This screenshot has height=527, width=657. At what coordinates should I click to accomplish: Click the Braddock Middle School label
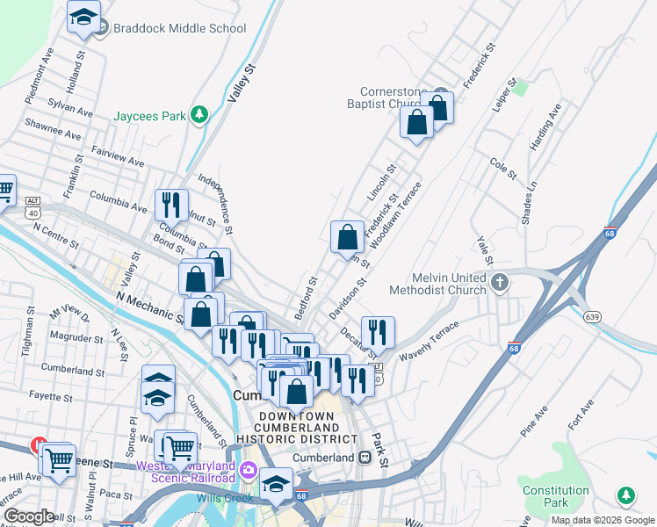tap(179, 28)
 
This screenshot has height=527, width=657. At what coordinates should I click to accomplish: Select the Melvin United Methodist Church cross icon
tap(500, 283)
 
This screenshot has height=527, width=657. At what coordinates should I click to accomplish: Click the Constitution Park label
tap(555, 496)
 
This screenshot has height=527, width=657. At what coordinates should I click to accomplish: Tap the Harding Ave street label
tap(545, 128)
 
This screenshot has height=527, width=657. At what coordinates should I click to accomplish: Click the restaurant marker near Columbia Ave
tap(171, 205)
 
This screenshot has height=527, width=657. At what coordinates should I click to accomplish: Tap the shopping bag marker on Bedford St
tap(348, 235)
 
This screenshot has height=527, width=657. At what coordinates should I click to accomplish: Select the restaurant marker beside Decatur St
tap(378, 332)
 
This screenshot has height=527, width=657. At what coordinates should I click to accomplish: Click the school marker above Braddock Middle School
tap(84, 17)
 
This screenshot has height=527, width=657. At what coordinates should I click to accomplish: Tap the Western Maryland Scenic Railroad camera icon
tap(249, 469)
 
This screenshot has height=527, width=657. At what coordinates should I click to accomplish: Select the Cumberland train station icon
tap(365, 458)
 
